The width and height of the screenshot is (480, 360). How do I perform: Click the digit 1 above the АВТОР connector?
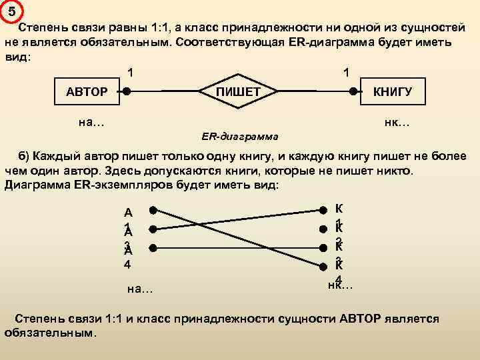[x=131, y=71]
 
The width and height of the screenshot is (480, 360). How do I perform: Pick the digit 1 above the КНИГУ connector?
[x=345, y=71]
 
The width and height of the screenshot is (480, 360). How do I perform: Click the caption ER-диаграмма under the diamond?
[x=240, y=137]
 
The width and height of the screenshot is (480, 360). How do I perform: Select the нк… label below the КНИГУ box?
[x=397, y=122]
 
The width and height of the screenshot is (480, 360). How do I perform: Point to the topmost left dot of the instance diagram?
[x=153, y=210]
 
